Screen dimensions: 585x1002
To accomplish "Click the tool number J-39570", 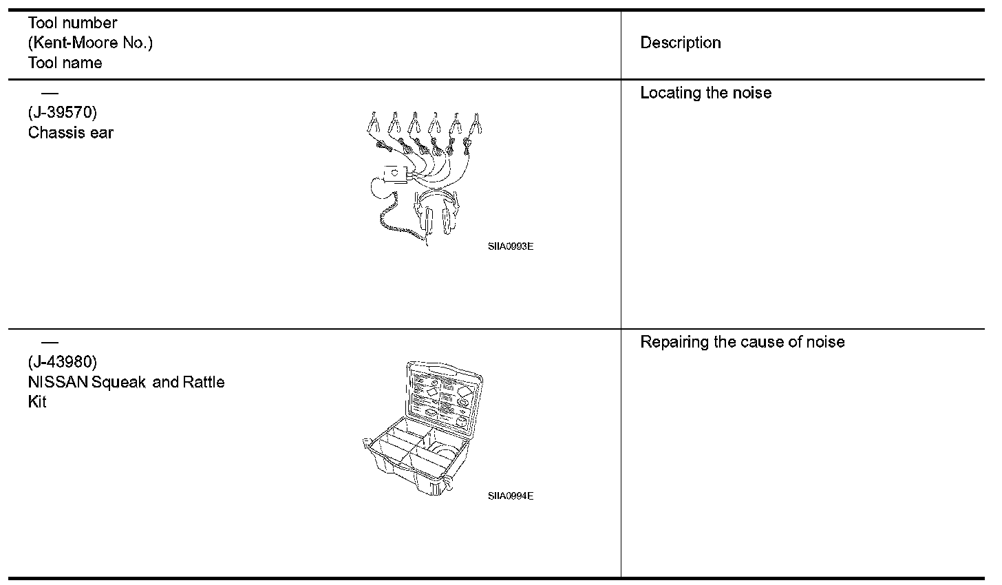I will (x=62, y=112).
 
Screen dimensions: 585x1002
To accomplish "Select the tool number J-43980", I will (x=62, y=361).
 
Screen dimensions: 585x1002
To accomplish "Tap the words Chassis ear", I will (x=71, y=132).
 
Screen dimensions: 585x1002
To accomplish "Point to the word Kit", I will (x=37, y=402).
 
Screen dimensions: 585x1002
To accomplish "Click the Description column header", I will (x=680, y=43).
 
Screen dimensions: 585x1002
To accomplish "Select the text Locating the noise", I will (x=705, y=93).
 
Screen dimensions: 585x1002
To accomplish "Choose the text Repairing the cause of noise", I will (x=742, y=342).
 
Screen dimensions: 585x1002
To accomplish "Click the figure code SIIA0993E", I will (x=510, y=246).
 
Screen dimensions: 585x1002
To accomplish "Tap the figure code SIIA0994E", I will (x=510, y=496).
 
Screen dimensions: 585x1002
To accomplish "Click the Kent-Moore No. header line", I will (x=90, y=43).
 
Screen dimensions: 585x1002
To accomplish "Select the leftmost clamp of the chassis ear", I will (x=372, y=124).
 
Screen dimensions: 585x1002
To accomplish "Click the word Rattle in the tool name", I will (x=203, y=382).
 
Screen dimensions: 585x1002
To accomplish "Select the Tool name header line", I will (x=65, y=63).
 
